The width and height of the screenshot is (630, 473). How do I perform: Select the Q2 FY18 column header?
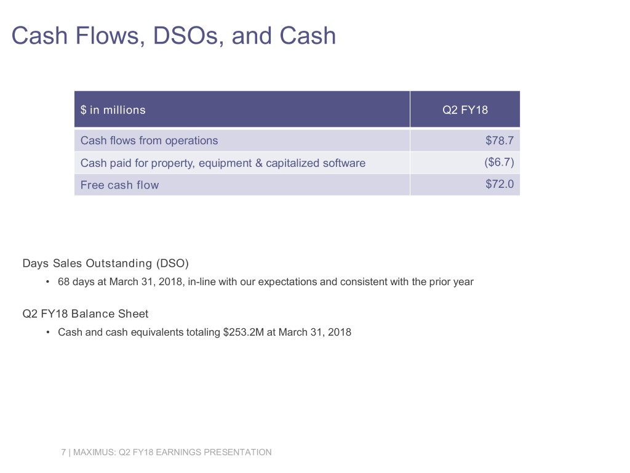465,110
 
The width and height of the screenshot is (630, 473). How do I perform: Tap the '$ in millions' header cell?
113,110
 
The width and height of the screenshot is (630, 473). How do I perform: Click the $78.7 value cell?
500,140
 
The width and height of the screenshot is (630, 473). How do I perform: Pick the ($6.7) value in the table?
499,162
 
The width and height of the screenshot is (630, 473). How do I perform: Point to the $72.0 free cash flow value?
500,184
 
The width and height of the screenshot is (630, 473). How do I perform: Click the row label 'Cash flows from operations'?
149,140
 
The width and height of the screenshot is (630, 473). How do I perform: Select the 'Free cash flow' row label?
120,185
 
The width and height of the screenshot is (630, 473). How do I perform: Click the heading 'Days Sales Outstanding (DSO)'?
106,264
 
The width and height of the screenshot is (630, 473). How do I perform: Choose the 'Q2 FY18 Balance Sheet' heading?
86,313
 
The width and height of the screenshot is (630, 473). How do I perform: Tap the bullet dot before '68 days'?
48,281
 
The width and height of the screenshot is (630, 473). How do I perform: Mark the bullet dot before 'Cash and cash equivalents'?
48,332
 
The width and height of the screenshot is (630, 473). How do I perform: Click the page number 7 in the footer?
63,452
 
